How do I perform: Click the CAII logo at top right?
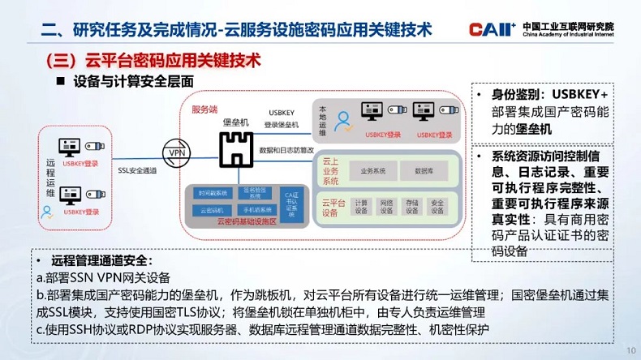click(492, 29)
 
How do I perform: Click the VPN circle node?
click(175, 152)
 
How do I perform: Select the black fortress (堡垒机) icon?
click(235, 148)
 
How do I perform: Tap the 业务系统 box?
click(373, 171)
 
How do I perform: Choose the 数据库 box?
click(424, 171)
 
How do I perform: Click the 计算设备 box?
click(361, 207)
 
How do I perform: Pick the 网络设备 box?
click(387, 207)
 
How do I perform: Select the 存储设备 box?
click(412, 207)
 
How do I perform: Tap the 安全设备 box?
click(438, 207)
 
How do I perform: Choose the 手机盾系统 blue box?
click(256, 208)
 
